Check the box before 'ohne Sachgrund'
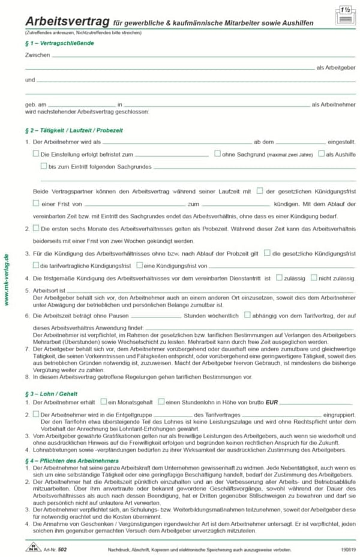pos(218,154)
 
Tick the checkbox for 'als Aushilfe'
pos(321,154)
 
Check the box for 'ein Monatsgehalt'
pos(103,401)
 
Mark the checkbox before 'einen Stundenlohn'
pos(161,401)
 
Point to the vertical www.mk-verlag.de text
pos(7,280)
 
